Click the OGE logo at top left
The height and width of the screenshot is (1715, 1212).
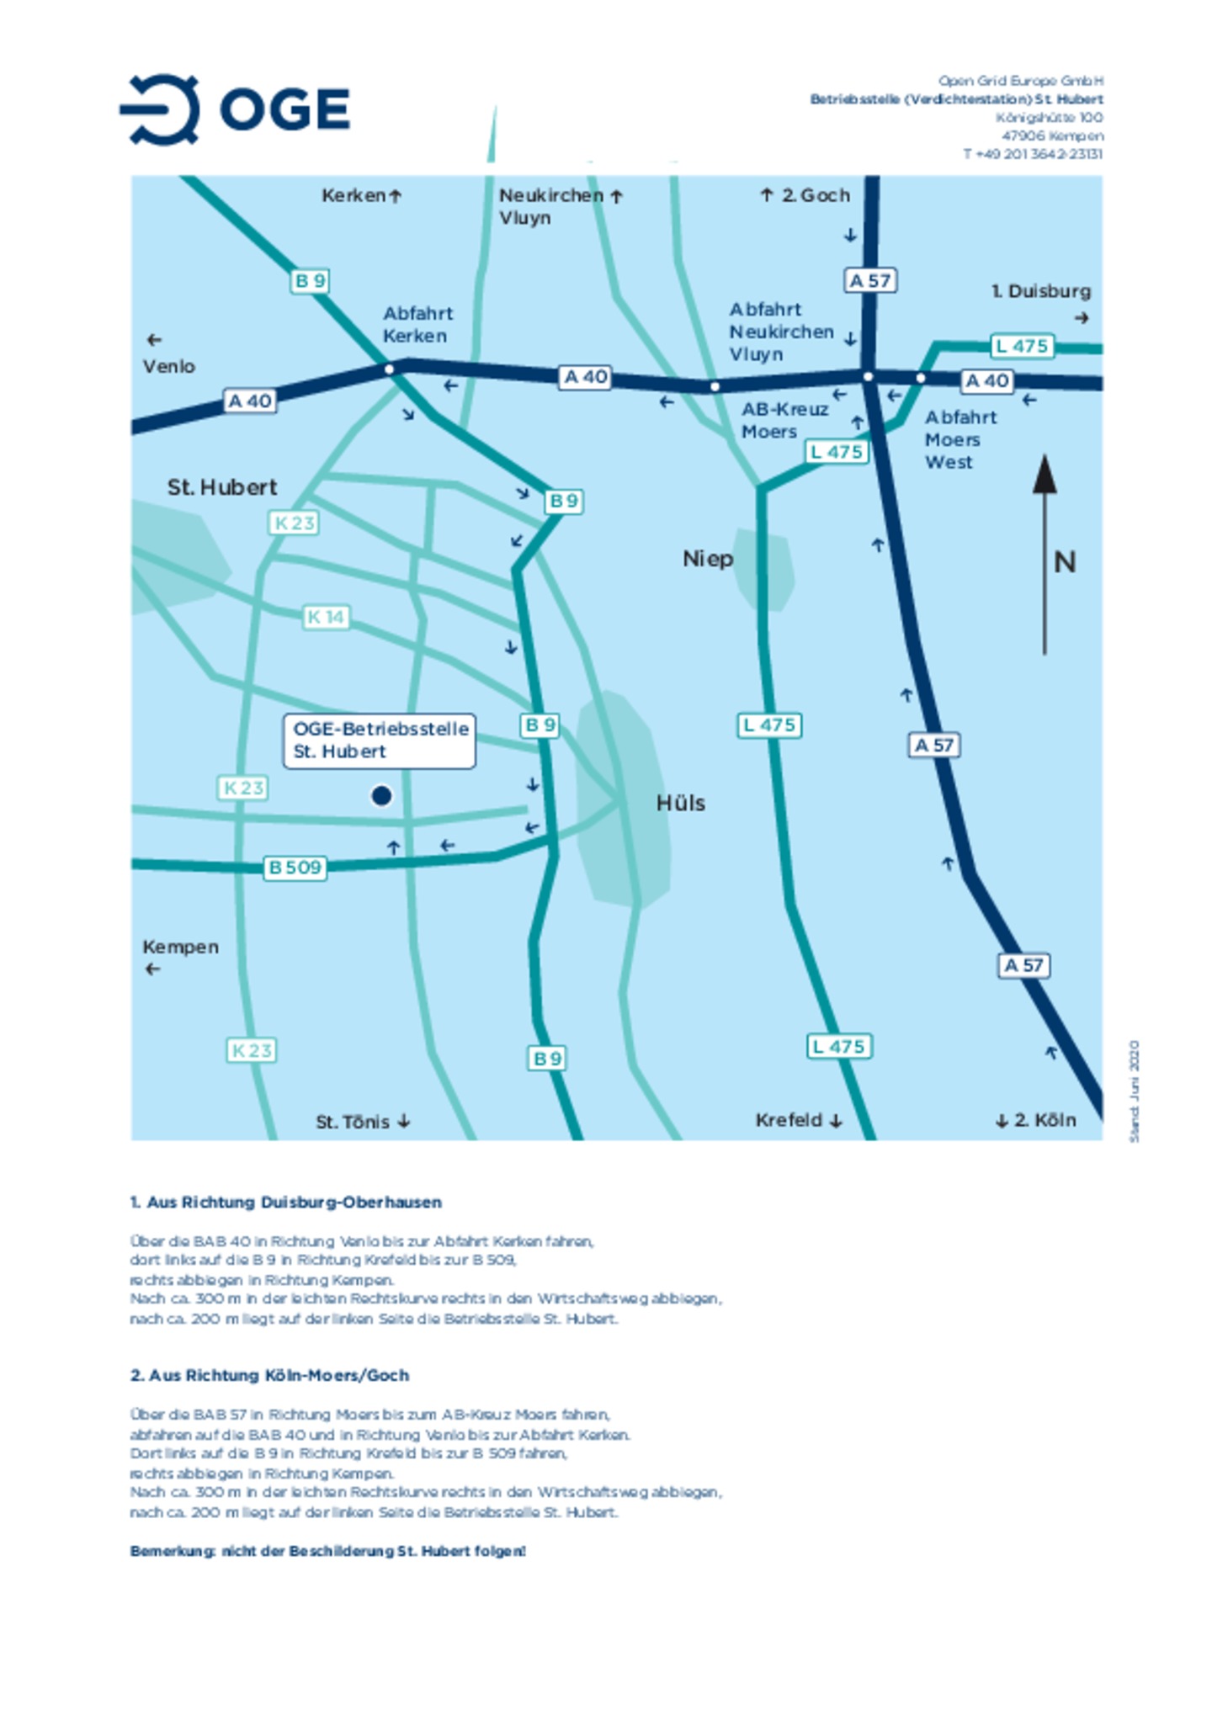coord(234,109)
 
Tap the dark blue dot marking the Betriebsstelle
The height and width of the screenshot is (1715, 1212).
coord(381,795)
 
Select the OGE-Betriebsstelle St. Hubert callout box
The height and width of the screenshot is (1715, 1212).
coord(380,741)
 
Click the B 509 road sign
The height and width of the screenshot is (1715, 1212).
coord(295,868)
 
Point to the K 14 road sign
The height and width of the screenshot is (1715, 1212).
coord(326,618)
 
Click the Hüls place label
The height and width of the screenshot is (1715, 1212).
coord(680,804)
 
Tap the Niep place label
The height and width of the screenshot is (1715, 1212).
coord(707,560)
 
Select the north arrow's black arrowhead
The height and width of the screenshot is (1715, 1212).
coord(1045,475)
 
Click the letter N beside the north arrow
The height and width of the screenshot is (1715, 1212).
coord(1065,562)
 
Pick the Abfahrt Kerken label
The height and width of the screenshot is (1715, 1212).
coord(417,325)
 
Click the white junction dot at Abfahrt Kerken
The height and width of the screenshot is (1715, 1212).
coord(389,369)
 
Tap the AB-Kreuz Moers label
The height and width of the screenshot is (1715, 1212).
coord(784,421)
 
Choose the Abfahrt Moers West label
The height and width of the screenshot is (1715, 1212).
coord(959,439)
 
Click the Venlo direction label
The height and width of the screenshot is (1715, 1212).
coord(168,367)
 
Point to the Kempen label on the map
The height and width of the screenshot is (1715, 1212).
coord(180,948)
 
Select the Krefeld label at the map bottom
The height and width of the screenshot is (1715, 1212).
coord(789,1120)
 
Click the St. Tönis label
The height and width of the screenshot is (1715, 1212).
coord(353,1122)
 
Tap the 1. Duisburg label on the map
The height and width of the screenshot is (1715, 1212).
coord(1040,292)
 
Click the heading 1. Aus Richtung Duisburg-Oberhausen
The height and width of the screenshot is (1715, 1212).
coord(285,1203)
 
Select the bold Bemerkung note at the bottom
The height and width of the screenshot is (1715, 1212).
coord(327,1551)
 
